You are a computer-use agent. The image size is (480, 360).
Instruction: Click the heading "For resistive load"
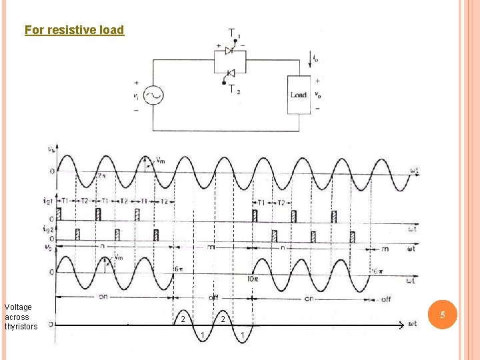[x=74, y=30]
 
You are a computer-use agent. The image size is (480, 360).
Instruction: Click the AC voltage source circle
[x=151, y=96]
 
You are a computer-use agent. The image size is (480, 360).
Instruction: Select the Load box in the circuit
[x=298, y=95]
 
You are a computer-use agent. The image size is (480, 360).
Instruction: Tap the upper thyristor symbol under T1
[x=230, y=51]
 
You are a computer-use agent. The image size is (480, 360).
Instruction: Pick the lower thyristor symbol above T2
[x=230, y=73]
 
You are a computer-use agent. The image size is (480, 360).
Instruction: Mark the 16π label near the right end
[x=377, y=271]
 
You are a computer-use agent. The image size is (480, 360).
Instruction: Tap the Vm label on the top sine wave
[x=161, y=160]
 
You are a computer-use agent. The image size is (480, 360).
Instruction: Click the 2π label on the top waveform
[x=101, y=176]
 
